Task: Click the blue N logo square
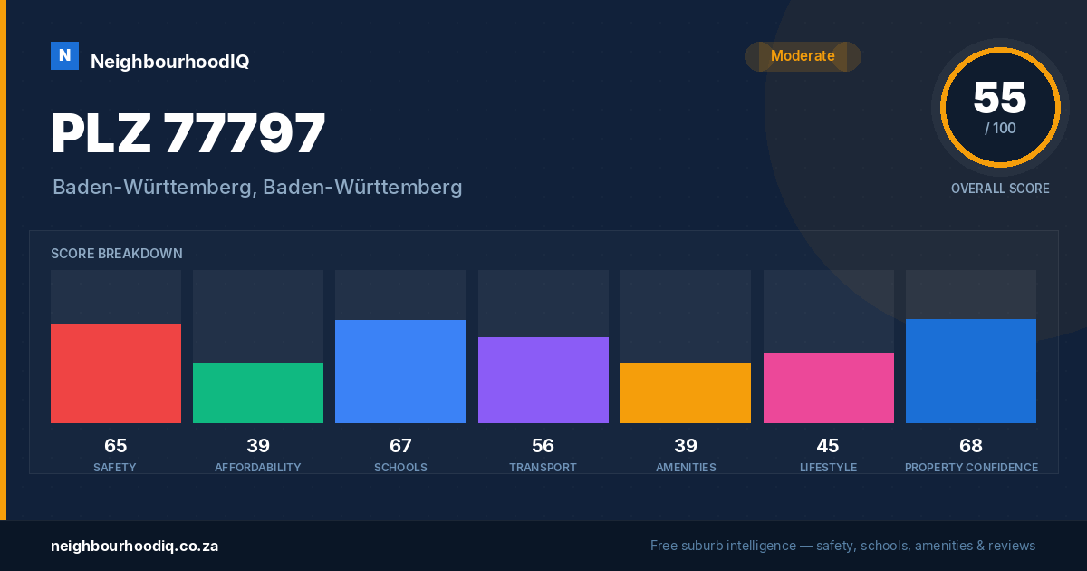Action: click(x=64, y=56)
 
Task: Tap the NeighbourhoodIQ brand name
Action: click(x=170, y=62)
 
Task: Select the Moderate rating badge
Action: click(x=803, y=56)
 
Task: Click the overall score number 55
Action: click(x=1000, y=98)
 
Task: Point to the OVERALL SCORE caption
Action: click(x=1000, y=189)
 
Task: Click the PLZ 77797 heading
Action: click(x=188, y=132)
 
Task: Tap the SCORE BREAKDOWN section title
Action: click(x=117, y=254)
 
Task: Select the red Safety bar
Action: click(x=116, y=373)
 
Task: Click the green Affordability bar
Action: click(x=258, y=392)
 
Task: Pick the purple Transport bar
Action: click(x=543, y=380)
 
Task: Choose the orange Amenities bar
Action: click(x=686, y=392)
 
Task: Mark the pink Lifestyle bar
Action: click(x=828, y=389)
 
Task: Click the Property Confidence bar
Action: click(x=971, y=371)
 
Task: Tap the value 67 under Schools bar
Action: click(x=400, y=446)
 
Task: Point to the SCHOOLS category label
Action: click(x=400, y=467)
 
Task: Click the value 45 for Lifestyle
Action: click(x=828, y=446)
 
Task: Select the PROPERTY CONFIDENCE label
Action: click(x=971, y=467)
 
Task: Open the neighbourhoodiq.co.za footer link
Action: click(x=134, y=547)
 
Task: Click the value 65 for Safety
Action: click(x=116, y=446)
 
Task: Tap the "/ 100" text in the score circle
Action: click(x=1000, y=128)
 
